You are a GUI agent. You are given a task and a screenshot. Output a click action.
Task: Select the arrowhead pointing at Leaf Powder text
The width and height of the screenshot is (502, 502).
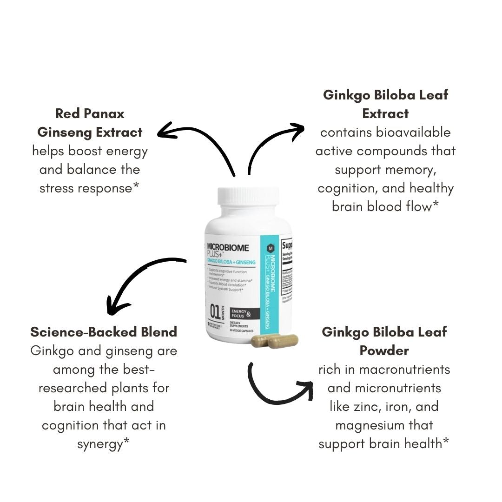click(305, 389)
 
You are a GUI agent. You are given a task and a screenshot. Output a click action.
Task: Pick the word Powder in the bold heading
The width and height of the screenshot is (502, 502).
click(384, 350)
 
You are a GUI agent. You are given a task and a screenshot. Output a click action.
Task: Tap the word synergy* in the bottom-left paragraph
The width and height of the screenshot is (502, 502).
click(103, 443)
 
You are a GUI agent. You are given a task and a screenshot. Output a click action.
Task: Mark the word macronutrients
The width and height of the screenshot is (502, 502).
click(403, 369)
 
